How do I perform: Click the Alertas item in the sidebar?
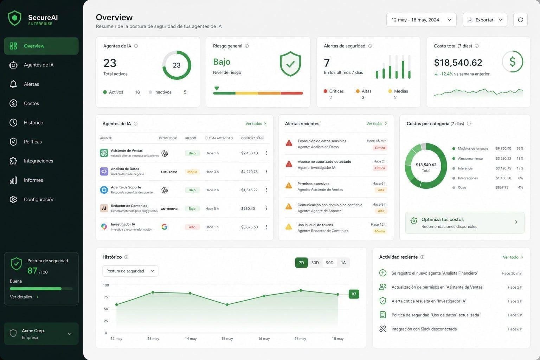click(31, 84)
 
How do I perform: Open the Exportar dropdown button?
click(485, 20)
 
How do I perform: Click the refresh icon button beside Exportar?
click(520, 20)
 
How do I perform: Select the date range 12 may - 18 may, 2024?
click(421, 20)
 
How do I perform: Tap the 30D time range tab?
click(315, 263)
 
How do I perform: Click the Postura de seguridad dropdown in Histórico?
click(130, 271)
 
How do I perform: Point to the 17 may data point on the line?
click(301, 290)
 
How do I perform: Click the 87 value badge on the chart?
click(354, 294)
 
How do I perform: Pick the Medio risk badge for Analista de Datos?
click(192, 172)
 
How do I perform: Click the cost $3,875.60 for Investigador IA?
click(249, 227)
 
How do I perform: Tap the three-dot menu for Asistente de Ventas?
click(266, 153)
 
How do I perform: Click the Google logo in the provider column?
click(165, 227)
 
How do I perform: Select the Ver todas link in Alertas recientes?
click(377, 124)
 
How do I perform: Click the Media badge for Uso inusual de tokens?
click(380, 231)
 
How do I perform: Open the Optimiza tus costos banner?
click(465, 223)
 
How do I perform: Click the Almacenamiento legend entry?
click(470, 159)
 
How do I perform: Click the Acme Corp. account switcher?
click(41, 334)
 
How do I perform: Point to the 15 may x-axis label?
click(227, 339)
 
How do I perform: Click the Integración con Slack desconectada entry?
click(424, 329)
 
